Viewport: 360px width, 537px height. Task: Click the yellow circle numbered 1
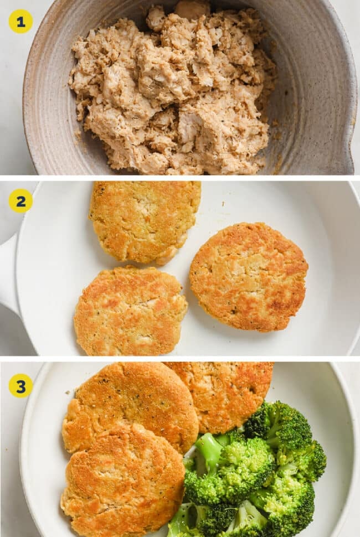pos(20,21)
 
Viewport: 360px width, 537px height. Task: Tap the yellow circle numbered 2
pos(20,201)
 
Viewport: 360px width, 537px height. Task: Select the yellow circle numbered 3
pos(20,385)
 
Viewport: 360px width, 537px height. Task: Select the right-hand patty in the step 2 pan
pos(249,276)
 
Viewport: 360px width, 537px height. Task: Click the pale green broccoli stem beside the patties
pos(208,451)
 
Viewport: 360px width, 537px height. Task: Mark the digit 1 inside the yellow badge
pos(20,21)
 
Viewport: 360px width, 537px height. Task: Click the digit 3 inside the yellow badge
pos(20,385)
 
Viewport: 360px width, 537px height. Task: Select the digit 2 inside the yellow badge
pos(20,201)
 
